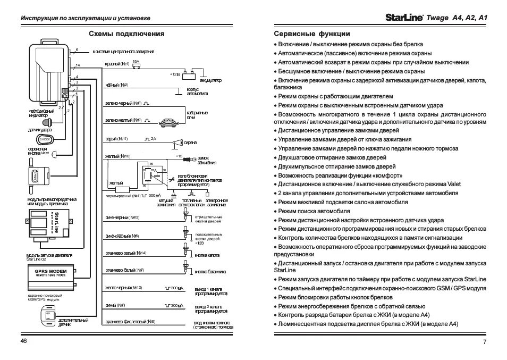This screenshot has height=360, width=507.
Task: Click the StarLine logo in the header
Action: pyautogui.click(x=404, y=18)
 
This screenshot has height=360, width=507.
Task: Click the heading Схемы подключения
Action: pyautogui.click(x=126, y=34)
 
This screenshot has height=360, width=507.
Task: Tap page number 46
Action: pyautogui.click(x=24, y=341)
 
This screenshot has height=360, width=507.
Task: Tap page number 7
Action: pyautogui.click(x=485, y=342)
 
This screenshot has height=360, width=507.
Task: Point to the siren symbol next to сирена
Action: pyautogui.click(x=175, y=143)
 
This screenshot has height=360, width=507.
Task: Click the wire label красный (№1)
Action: pyautogui.click(x=117, y=64)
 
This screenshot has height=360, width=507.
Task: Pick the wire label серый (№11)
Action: pyautogui.click(x=117, y=139)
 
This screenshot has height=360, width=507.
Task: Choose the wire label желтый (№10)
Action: pyautogui.click(x=118, y=156)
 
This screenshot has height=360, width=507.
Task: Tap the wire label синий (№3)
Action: pyautogui.click(x=115, y=305)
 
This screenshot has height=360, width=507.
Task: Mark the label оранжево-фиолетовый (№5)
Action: pyautogui.click(x=130, y=322)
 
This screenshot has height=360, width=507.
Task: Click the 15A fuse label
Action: pyautogui.click(x=136, y=62)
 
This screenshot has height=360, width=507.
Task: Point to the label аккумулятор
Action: pyautogui.click(x=210, y=80)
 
